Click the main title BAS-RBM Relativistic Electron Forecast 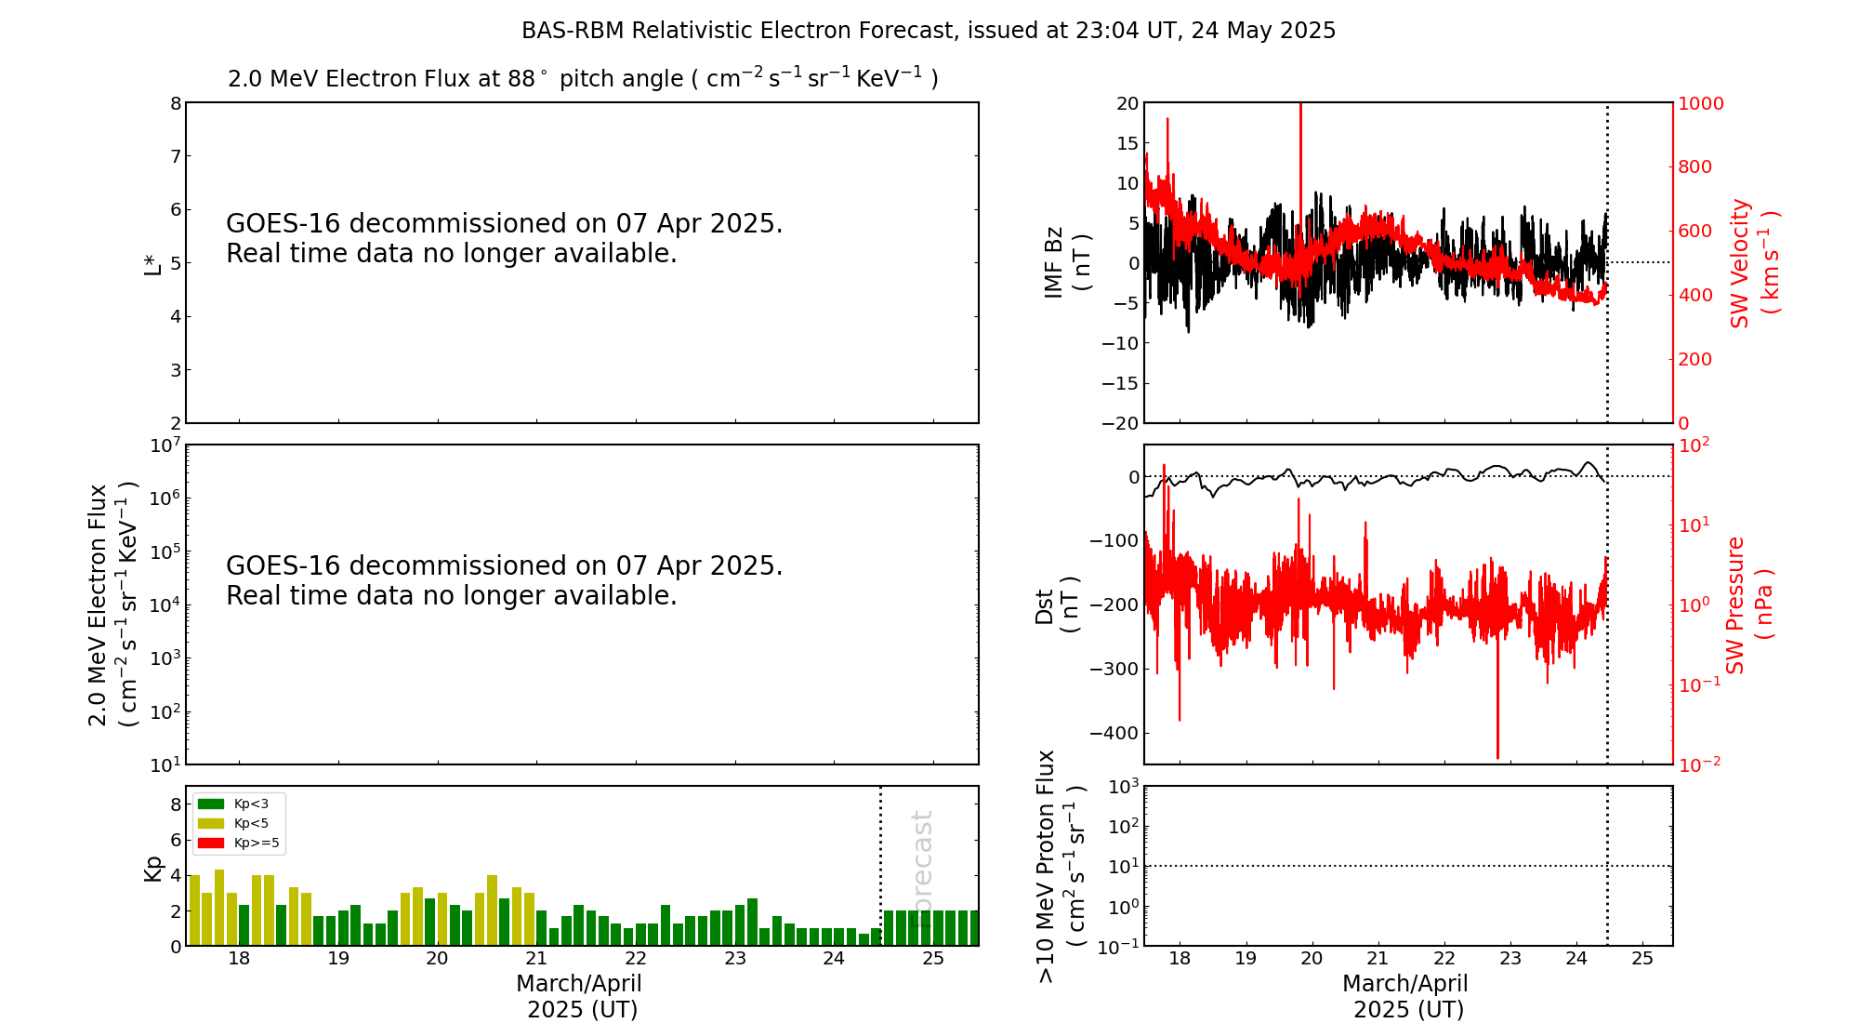click(x=928, y=31)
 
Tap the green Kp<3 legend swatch click(x=211, y=804)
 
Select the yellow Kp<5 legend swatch click(x=211, y=823)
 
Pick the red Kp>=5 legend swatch click(x=211, y=844)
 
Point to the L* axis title click(x=152, y=262)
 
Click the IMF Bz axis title click(x=1067, y=262)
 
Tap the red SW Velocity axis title click(x=1754, y=262)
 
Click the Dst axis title click(x=1057, y=604)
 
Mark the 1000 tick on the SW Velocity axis click(x=1700, y=103)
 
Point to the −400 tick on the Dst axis click(x=1114, y=733)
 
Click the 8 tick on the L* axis click(x=175, y=103)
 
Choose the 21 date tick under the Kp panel click(x=536, y=959)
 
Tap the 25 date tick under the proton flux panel click(x=1642, y=959)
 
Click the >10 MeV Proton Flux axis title click(x=1061, y=866)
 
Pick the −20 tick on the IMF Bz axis click(x=1120, y=423)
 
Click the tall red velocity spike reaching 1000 click(x=1300, y=139)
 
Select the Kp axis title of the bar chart click(x=152, y=868)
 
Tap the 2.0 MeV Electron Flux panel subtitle click(x=583, y=79)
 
